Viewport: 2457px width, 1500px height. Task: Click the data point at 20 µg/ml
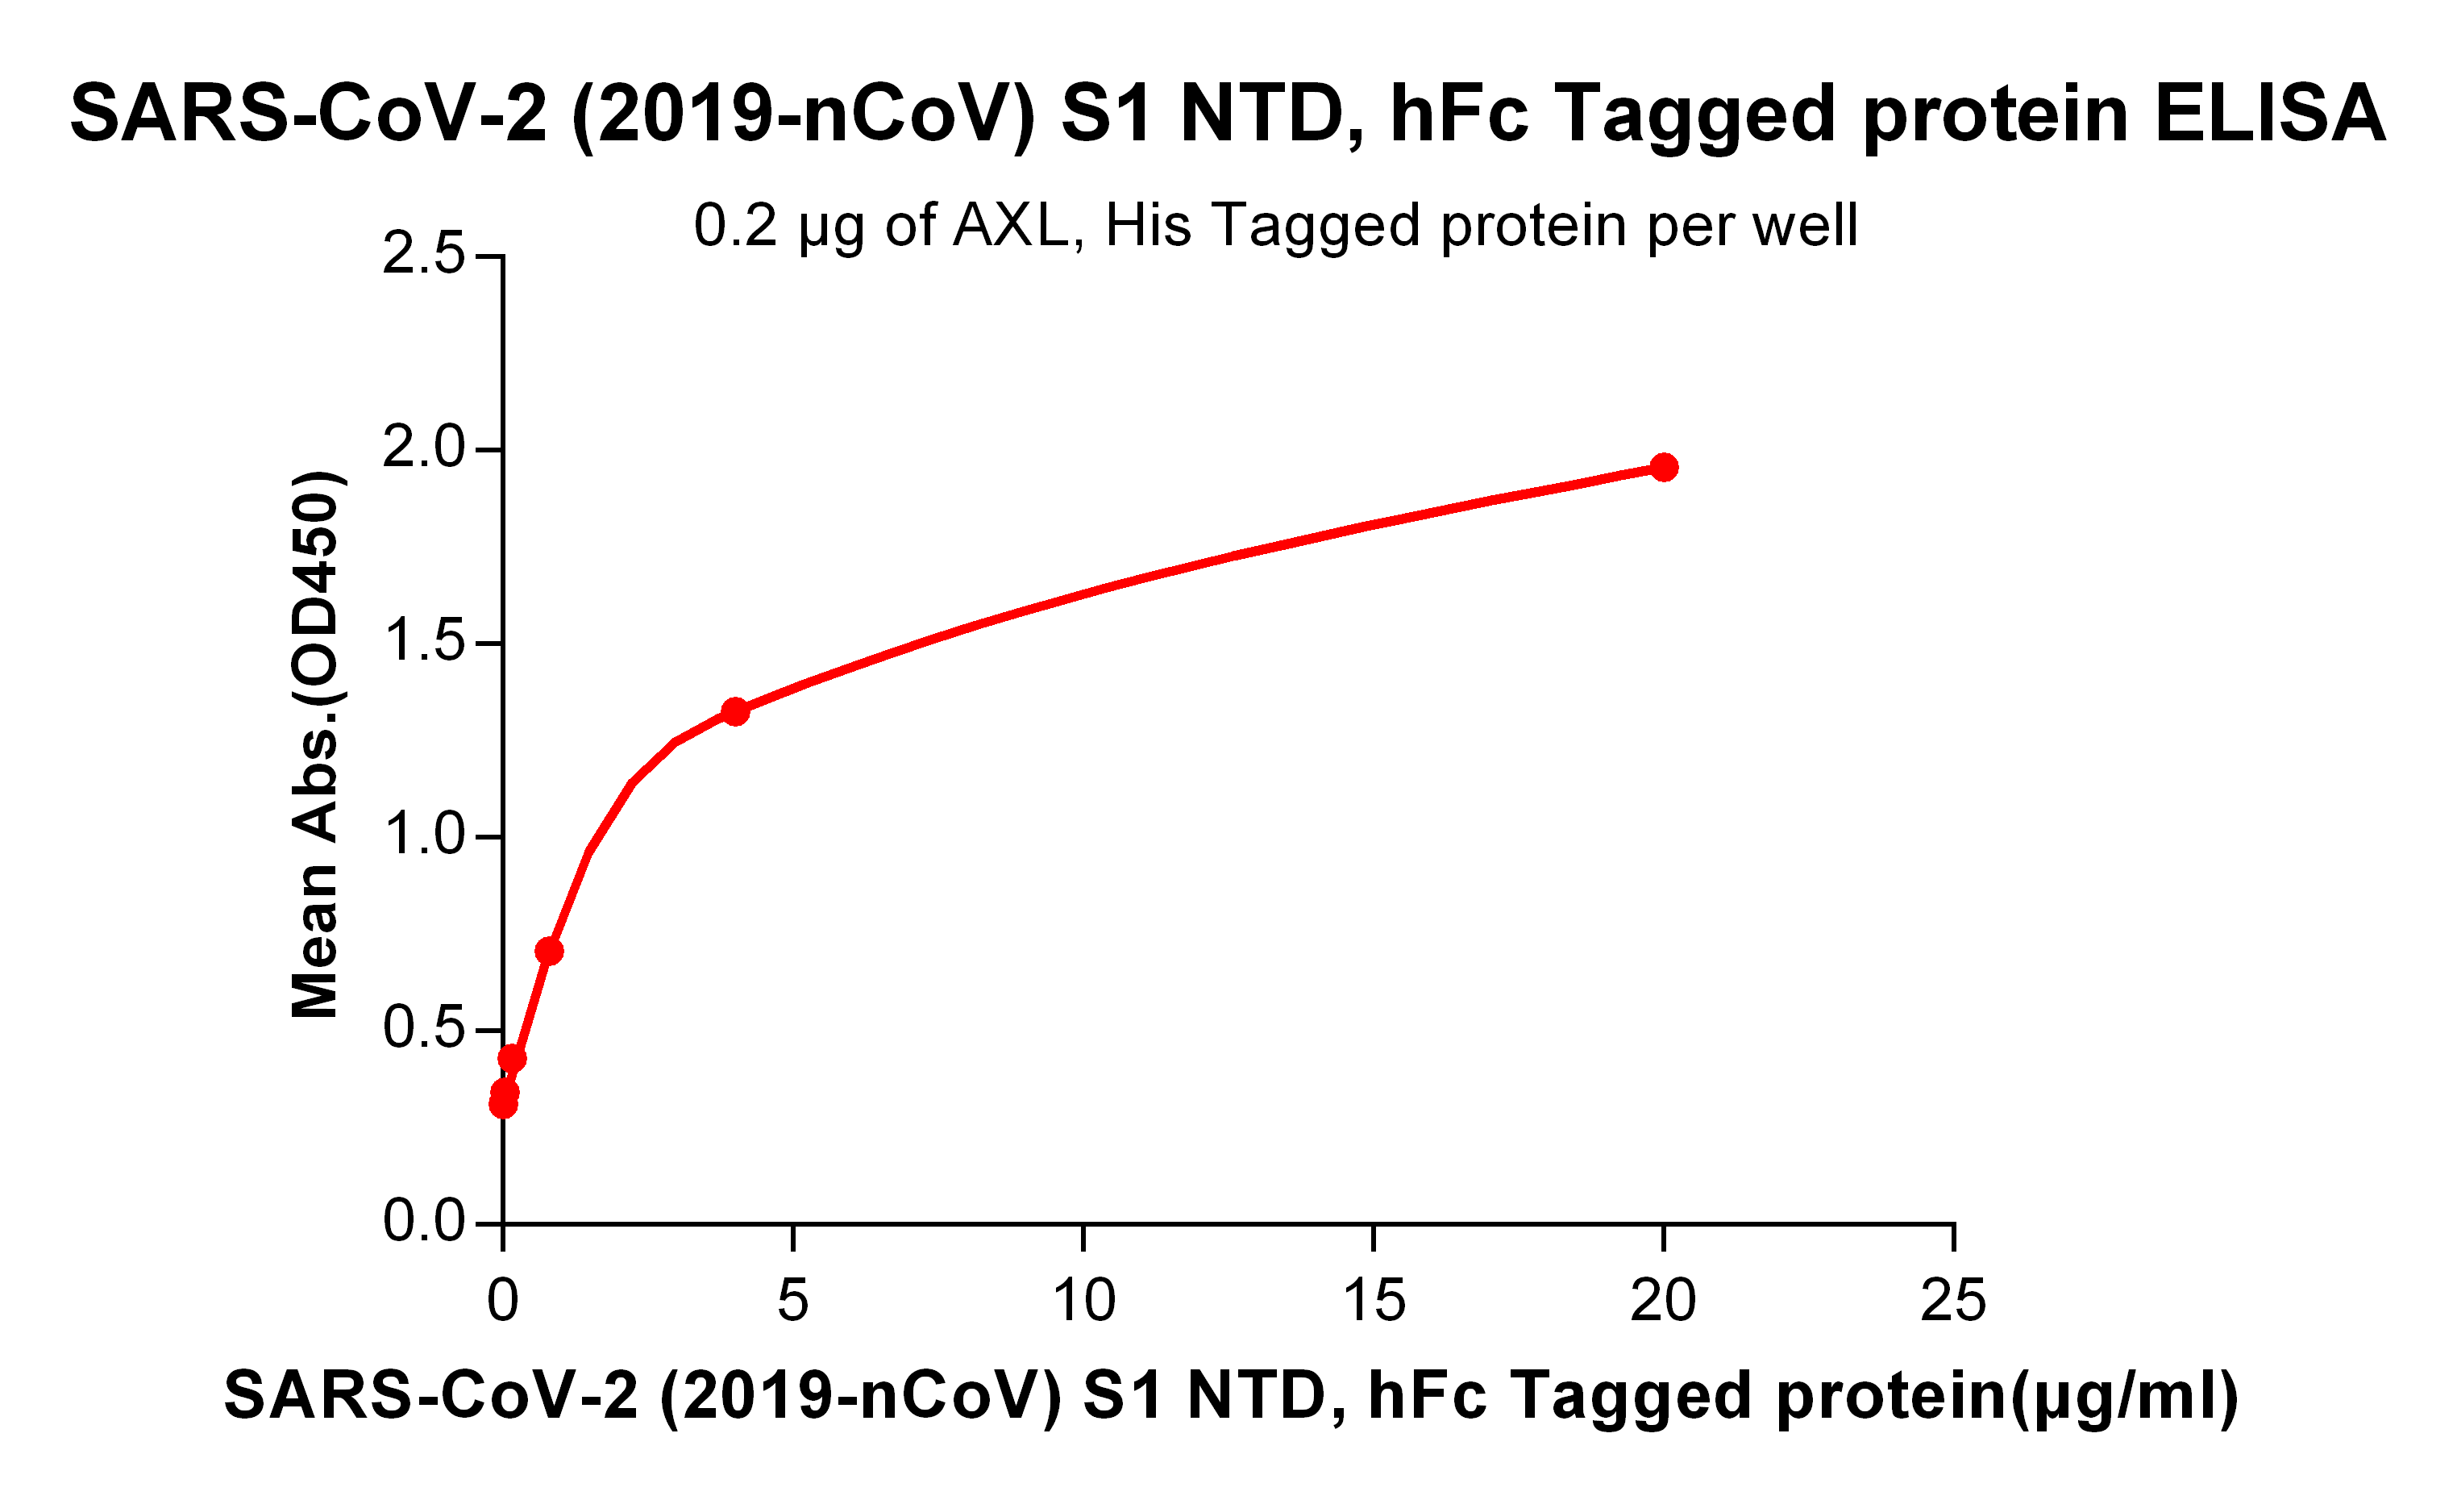point(1663,467)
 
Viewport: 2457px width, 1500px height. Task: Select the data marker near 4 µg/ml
point(735,711)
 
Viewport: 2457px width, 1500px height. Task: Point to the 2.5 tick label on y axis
point(424,254)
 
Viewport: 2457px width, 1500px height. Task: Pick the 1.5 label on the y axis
point(424,641)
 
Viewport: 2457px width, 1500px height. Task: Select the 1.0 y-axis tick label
point(424,835)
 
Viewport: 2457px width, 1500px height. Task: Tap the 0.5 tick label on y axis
point(424,1028)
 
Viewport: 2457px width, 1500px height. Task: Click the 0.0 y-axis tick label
point(424,1221)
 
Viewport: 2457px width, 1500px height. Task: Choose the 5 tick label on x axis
point(792,1299)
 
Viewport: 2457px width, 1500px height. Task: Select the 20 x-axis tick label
point(1663,1299)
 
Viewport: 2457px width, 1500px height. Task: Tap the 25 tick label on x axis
point(1953,1299)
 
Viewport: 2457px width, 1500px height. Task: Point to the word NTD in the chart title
point(1262,114)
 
